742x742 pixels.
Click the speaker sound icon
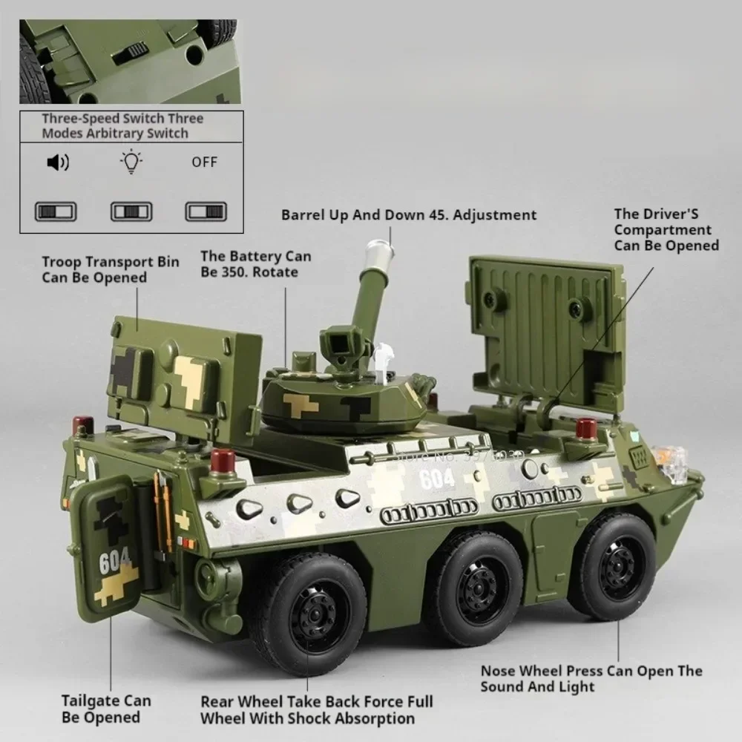point(57,162)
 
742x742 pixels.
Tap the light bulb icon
point(131,162)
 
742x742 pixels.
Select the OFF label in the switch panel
point(204,162)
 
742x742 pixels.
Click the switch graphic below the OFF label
point(205,211)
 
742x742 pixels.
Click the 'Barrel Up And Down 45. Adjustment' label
point(408,215)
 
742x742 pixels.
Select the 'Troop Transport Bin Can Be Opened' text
point(110,269)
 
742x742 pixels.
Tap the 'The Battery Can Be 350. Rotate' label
point(255,264)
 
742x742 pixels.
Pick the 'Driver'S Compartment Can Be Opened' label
point(666,229)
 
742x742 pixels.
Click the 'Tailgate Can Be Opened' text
point(106,709)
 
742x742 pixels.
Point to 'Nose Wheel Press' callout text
point(591,678)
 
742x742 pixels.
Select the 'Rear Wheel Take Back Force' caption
point(316,709)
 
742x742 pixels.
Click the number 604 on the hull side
point(436,479)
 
